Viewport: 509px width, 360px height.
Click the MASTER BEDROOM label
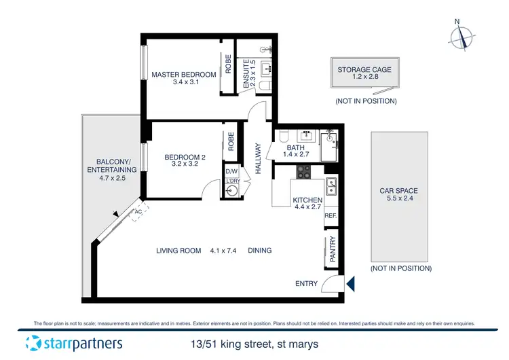click(183, 75)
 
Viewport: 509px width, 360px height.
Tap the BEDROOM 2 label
click(185, 158)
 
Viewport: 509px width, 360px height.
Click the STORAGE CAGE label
click(364, 69)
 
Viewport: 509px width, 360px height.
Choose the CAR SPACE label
click(398, 191)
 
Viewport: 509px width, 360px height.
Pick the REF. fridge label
click(331, 215)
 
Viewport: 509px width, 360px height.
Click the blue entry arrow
click(350, 283)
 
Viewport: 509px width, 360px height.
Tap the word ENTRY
click(306, 283)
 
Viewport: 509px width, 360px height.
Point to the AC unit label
click(138, 211)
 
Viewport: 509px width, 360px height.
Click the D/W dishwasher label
click(231, 171)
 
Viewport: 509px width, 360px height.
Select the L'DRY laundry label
click(233, 181)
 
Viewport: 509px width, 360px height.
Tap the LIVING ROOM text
click(178, 251)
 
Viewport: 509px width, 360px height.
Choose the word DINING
click(259, 251)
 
